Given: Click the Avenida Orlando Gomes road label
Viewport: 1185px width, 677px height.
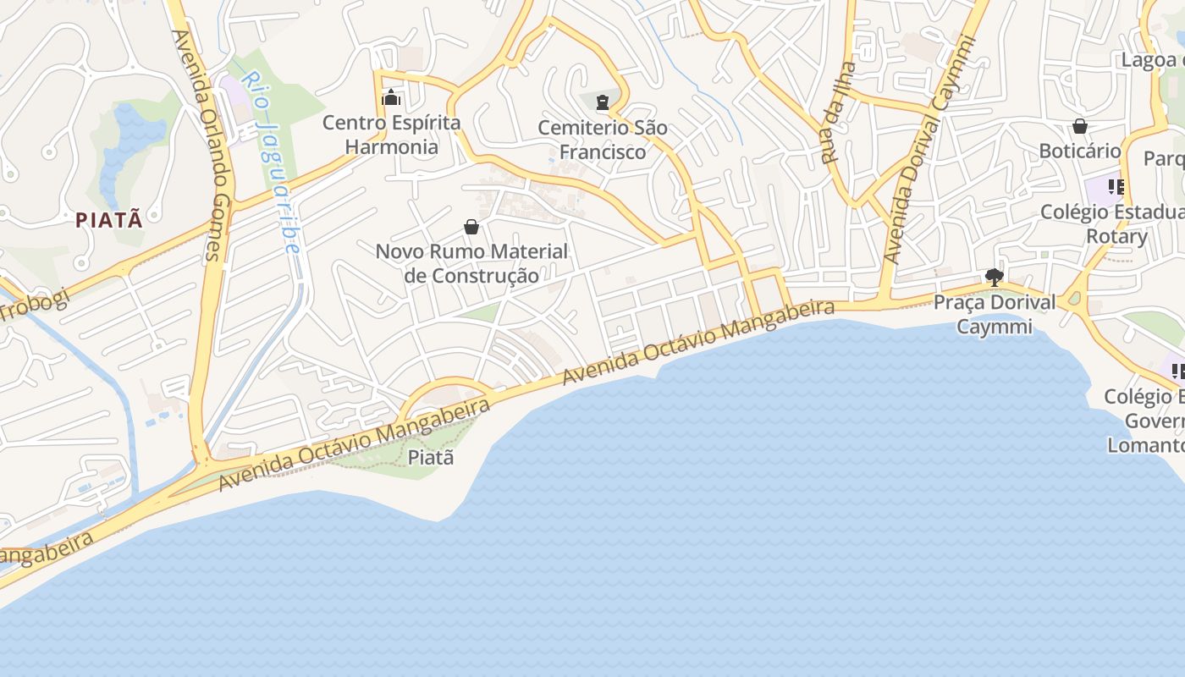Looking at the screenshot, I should (196, 144).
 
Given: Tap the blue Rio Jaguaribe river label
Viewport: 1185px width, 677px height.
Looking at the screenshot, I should (271, 161).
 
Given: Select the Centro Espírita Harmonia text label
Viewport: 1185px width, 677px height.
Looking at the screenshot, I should (392, 135).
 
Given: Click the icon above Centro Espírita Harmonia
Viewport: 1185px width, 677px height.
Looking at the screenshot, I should (390, 98).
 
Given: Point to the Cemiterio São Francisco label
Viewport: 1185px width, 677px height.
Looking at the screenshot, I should (603, 140).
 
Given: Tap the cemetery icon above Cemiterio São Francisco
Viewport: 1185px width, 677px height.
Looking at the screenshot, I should (602, 103).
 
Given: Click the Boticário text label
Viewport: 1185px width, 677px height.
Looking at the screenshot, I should (1079, 151).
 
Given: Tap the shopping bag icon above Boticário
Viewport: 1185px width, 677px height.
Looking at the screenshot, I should (1080, 127).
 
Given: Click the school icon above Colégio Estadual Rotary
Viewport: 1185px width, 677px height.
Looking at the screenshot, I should (1116, 187).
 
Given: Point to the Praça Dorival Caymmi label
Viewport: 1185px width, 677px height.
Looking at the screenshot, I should (995, 314).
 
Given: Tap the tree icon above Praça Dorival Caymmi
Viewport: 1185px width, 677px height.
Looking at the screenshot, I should (995, 277).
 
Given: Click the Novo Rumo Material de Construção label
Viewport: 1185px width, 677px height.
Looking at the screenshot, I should (471, 263).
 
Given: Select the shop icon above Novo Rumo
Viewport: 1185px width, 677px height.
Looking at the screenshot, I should (471, 227).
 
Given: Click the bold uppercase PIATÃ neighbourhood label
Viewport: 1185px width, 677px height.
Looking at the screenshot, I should (108, 220).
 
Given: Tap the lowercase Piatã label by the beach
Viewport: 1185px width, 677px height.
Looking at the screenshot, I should (431, 458).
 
